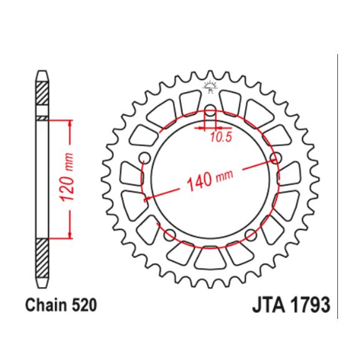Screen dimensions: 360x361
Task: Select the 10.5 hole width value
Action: point(220,138)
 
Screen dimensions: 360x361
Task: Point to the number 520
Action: point(86,305)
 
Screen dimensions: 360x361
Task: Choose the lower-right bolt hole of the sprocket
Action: point(252,234)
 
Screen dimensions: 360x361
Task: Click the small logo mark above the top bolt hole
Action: point(210,89)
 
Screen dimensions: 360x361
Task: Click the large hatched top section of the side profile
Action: point(41,93)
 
